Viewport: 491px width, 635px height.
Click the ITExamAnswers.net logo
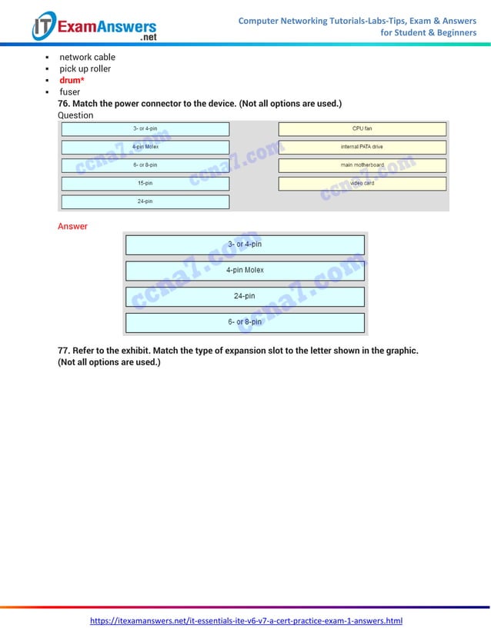coord(94,26)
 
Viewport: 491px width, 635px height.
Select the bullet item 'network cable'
coord(88,57)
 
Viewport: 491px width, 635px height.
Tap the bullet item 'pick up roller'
coord(85,68)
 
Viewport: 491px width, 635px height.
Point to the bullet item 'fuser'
coord(70,92)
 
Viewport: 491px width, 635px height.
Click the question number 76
coord(65,104)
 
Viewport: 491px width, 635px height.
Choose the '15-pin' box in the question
coord(145,184)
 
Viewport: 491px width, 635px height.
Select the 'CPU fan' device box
coord(362,128)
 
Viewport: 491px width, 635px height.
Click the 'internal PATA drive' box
coord(362,147)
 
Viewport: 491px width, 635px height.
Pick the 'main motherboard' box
coord(362,165)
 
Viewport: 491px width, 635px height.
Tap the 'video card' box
coord(362,184)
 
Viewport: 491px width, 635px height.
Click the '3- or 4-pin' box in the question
coord(145,128)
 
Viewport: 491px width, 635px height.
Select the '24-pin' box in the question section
coord(145,201)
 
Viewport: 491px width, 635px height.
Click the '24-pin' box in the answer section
coord(245,296)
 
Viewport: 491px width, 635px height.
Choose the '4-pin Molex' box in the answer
coord(245,271)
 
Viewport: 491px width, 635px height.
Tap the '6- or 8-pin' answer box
coord(245,322)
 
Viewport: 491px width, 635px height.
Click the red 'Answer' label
coord(72,227)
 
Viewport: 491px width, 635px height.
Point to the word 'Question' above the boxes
coord(75,115)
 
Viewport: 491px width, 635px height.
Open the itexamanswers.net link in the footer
coord(246,620)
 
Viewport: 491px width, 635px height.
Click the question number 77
coord(65,351)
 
